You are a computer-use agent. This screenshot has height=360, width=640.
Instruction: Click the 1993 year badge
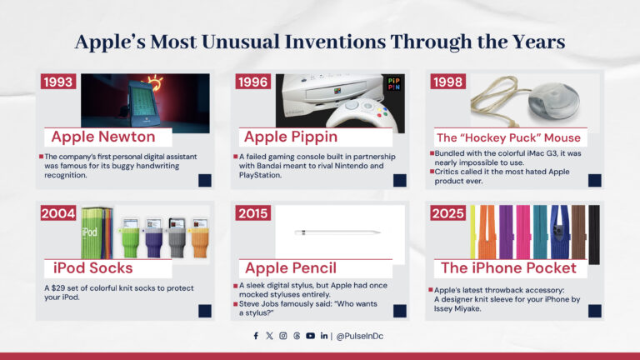coord(60,82)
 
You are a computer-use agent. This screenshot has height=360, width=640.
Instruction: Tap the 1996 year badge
coord(252,82)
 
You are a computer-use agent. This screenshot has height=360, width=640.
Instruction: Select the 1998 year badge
coord(447,82)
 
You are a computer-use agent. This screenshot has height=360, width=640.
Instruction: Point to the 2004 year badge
coord(60,213)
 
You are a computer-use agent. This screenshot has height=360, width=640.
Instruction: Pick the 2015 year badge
coord(252,213)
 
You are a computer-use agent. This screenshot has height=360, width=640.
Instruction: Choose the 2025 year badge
coord(447,213)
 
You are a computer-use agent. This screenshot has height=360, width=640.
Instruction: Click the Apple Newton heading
coord(103,137)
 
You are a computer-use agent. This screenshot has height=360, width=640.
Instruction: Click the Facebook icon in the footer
coord(256,336)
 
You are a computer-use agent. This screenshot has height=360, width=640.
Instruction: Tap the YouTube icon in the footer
coord(310,336)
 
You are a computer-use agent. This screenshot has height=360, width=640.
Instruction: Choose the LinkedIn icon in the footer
coord(324,336)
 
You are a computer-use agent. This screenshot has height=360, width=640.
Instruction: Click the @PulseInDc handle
coord(361,336)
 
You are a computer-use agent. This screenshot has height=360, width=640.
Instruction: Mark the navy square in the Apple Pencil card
coord(400,311)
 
